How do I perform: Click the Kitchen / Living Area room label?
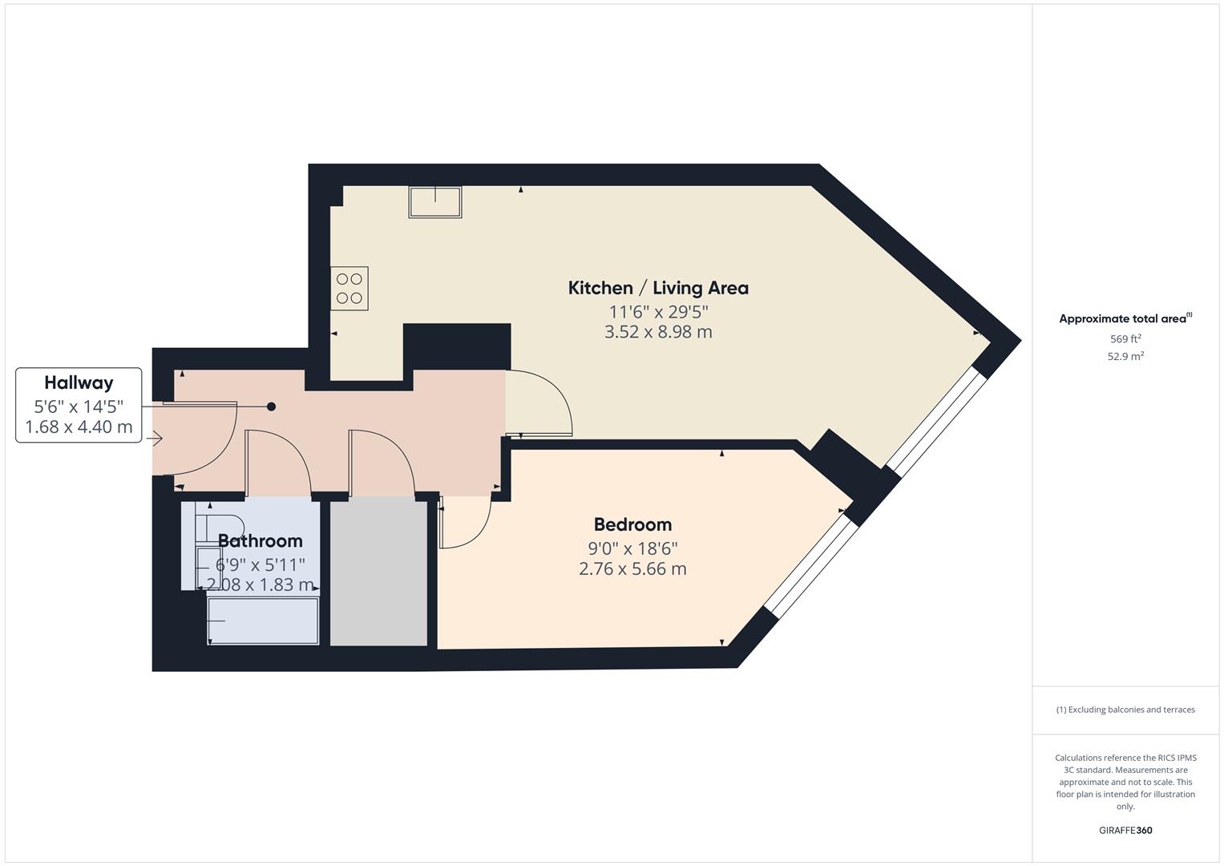(657, 288)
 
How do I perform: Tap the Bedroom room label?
(632, 524)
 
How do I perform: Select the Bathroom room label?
(260, 540)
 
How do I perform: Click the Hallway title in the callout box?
(79, 382)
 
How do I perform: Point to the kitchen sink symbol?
(435, 202)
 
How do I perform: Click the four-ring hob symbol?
(349, 289)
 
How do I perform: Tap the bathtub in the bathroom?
(263, 621)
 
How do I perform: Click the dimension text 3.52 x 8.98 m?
(657, 332)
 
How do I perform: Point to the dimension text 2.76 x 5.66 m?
(632, 569)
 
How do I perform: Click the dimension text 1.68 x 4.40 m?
(79, 427)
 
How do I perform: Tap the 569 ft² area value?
(1125, 339)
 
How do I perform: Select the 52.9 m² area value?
(1125, 357)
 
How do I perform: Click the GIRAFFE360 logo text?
(1125, 831)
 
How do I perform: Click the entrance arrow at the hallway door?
(156, 439)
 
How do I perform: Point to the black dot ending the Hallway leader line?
(271, 407)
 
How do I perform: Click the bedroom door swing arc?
(469, 525)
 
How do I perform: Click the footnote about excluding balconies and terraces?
(1125, 710)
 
